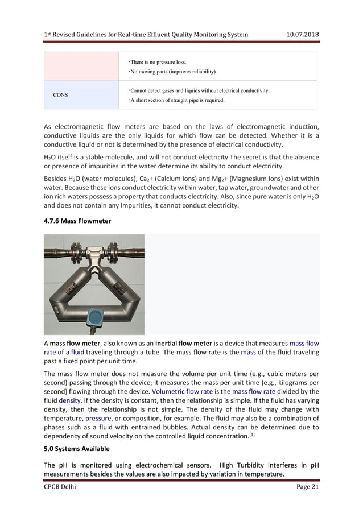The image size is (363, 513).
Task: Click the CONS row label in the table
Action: coord(61,95)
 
